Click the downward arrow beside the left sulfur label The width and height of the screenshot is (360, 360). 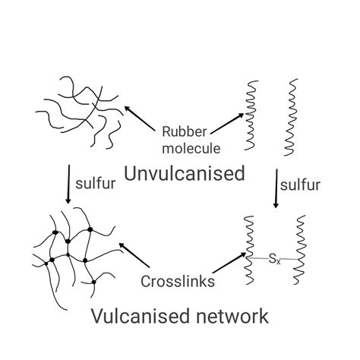tap(68, 182)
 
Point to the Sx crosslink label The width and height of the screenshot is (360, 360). tap(274, 261)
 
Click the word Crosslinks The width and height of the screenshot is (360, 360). tap(177, 281)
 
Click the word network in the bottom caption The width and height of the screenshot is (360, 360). tap(234, 315)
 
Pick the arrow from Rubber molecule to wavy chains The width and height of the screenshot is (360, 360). tap(228, 122)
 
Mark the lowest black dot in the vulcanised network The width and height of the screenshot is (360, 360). tap(93, 282)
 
